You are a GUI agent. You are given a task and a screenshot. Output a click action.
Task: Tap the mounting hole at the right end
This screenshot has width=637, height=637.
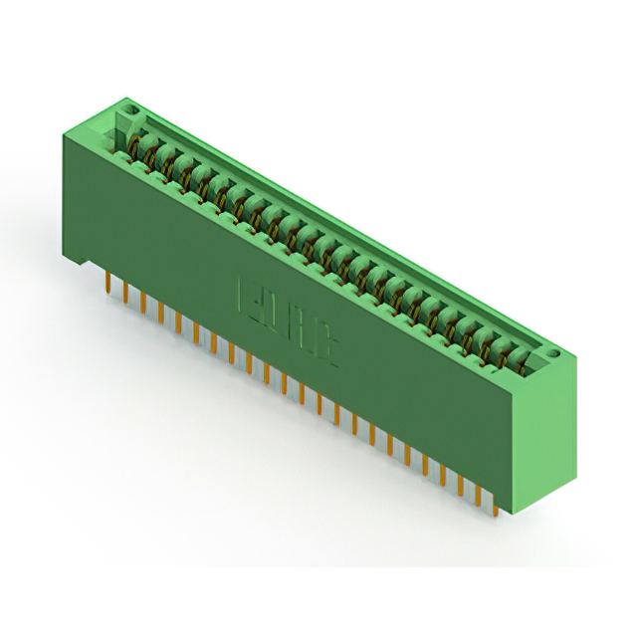pyautogui.click(x=555, y=352)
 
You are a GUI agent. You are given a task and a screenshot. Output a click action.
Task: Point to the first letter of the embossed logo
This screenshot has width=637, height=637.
pyautogui.click(x=245, y=296)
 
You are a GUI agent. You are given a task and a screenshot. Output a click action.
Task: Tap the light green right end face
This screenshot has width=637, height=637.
pyautogui.click(x=547, y=438)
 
